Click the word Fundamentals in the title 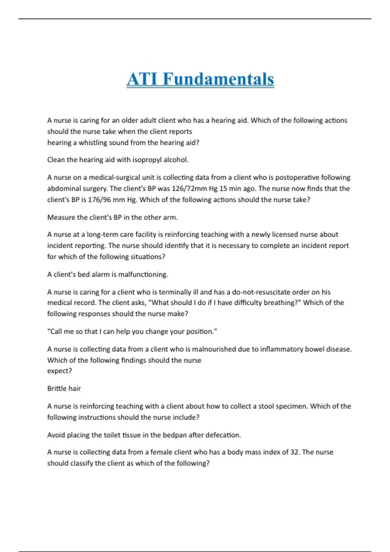[218, 79]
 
